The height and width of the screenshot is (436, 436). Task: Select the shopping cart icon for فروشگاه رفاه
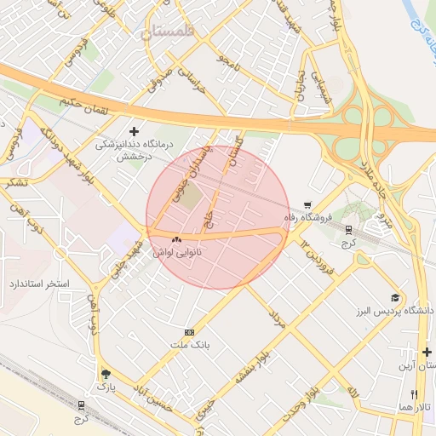coord(307,205)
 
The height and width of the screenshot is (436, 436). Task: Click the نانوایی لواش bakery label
coord(176,253)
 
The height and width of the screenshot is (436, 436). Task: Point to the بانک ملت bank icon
coord(189,332)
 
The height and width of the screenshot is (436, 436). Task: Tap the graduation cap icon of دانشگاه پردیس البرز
coord(395,297)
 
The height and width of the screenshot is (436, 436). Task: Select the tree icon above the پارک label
coord(106,374)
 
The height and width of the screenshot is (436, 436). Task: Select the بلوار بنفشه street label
coord(253,365)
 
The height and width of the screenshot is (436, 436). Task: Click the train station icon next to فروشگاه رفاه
coord(348,229)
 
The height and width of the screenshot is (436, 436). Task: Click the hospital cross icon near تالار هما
coord(427,351)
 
